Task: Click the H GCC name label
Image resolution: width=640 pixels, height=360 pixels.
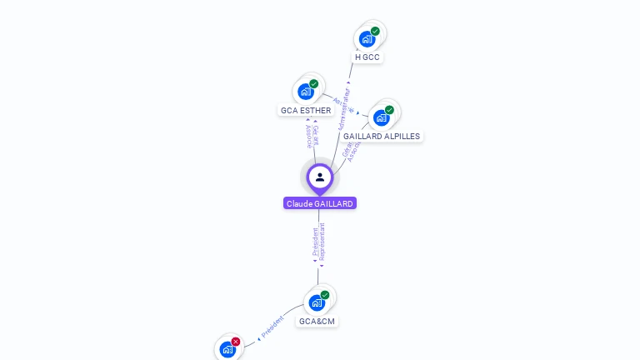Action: coord(367,57)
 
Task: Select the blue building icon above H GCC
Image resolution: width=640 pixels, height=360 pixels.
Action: coord(366,39)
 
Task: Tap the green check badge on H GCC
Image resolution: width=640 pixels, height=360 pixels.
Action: coord(375,32)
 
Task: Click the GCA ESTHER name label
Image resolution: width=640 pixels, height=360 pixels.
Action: coord(306,110)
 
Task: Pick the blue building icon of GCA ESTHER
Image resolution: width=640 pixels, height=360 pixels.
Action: coord(305,92)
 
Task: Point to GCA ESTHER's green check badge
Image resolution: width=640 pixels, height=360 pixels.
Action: coord(314,84)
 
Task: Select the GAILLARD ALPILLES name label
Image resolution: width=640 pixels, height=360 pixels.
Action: coord(382,136)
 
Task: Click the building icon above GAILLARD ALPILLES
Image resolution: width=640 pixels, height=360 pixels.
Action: coord(381,117)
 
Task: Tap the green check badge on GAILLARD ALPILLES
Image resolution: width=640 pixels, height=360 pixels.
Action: coord(389,110)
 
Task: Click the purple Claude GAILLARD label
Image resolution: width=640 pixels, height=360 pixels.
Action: coord(320,203)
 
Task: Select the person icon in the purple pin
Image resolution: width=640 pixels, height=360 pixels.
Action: coord(320,177)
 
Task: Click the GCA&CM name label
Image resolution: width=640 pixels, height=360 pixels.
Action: coord(317,321)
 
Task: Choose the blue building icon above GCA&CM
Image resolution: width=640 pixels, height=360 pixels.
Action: coord(317,302)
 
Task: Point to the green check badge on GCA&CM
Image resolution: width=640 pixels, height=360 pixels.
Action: coord(325,295)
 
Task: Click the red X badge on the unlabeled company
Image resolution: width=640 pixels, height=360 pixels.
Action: coord(236,342)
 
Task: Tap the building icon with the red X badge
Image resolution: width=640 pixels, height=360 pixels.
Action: coord(227,349)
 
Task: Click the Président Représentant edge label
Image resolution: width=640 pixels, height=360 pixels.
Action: coord(318,243)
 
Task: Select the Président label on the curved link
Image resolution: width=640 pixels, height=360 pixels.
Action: coord(272,327)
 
